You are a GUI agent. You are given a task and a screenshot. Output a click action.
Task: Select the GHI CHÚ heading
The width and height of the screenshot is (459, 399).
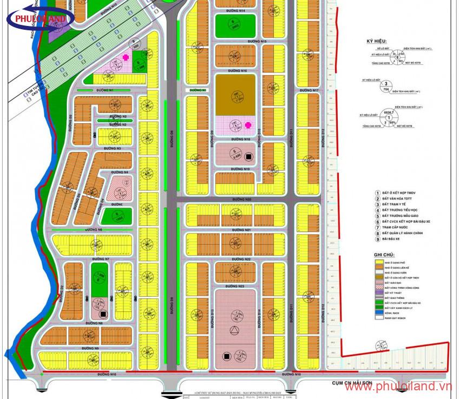pos(384,254)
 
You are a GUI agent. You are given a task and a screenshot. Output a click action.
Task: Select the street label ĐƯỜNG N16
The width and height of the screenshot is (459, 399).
pos(238,71)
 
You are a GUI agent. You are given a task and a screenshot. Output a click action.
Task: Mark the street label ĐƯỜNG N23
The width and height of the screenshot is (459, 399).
pos(237,285)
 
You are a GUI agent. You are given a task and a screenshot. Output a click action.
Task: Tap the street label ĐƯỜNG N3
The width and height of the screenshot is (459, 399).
pos(112,148)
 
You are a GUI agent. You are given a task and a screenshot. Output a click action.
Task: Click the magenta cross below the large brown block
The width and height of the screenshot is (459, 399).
pos(248,124)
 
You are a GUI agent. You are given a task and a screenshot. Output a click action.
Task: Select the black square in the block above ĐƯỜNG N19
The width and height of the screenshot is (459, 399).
pos(248,157)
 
